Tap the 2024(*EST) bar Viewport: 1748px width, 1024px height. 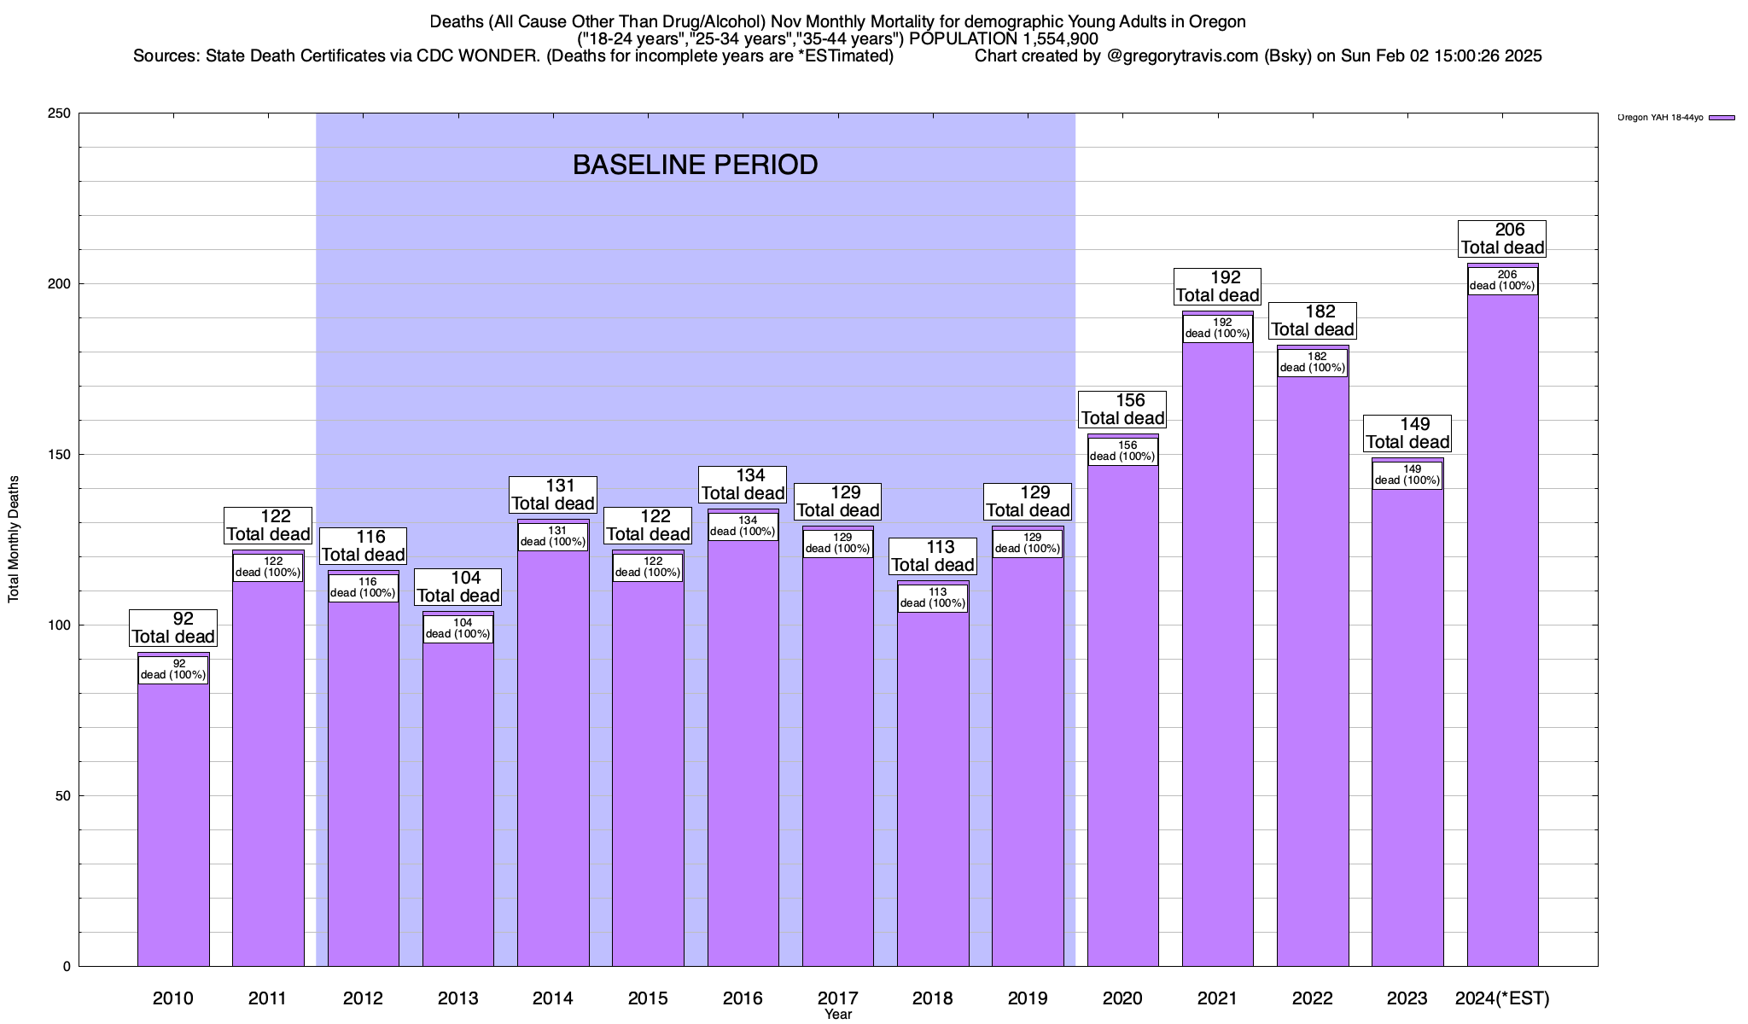tap(1502, 631)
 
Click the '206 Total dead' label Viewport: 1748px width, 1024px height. tap(1502, 239)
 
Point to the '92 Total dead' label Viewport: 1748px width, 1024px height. tap(173, 628)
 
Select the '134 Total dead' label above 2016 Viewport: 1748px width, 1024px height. tap(743, 485)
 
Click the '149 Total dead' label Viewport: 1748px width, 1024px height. tap(1407, 433)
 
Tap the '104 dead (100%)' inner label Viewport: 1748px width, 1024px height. tap(457, 629)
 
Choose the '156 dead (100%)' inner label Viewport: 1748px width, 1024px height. tap(1122, 451)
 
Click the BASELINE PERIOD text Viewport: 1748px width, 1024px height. tap(695, 165)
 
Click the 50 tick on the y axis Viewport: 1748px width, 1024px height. tap(63, 796)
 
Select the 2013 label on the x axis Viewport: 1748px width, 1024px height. tap(457, 998)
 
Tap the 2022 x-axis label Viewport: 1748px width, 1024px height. tap(1313, 998)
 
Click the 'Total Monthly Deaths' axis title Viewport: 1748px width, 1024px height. tap(14, 539)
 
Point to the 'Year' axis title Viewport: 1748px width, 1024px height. tap(838, 1015)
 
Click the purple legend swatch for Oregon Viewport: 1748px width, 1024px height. tap(1722, 118)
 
